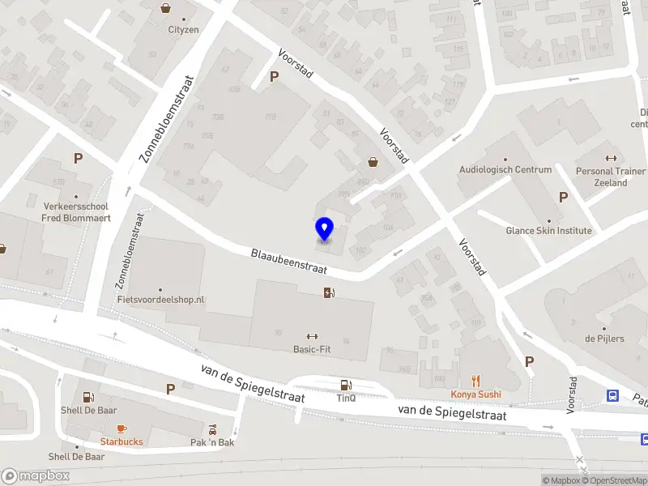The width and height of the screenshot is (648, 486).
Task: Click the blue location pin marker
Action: click(x=324, y=229)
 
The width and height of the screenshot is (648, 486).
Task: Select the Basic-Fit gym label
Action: click(x=312, y=350)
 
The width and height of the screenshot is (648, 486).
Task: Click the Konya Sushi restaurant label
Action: click(x=476, y=394)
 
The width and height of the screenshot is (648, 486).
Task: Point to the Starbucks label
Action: click(x=122, y=441)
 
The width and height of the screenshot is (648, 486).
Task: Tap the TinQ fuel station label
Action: click(x=346, y=399)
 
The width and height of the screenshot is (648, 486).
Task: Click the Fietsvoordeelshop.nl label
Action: click(x=160, y=300)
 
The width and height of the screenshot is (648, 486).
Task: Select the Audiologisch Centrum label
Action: click(x=505, y=170)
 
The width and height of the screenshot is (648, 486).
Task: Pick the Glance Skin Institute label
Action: click(x=549, y=231)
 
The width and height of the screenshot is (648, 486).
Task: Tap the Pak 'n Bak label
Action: click(x=212, y=442)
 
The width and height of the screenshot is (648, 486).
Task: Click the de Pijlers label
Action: click(x=604, y=339)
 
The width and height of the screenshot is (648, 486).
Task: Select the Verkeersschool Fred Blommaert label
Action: click(x=76, y=212)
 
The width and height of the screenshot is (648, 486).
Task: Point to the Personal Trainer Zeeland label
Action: click(x=611, y=177)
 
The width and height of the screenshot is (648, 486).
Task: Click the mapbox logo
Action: click(x=36, y=476)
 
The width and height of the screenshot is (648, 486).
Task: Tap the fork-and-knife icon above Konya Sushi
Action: click(x=476, y=381)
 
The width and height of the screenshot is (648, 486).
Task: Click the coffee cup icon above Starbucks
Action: click(x=122, y=428)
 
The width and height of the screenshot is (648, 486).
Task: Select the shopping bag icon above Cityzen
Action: click(x=166, y=9)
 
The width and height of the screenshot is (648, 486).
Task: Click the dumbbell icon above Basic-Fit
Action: click(x=312, y=336)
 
